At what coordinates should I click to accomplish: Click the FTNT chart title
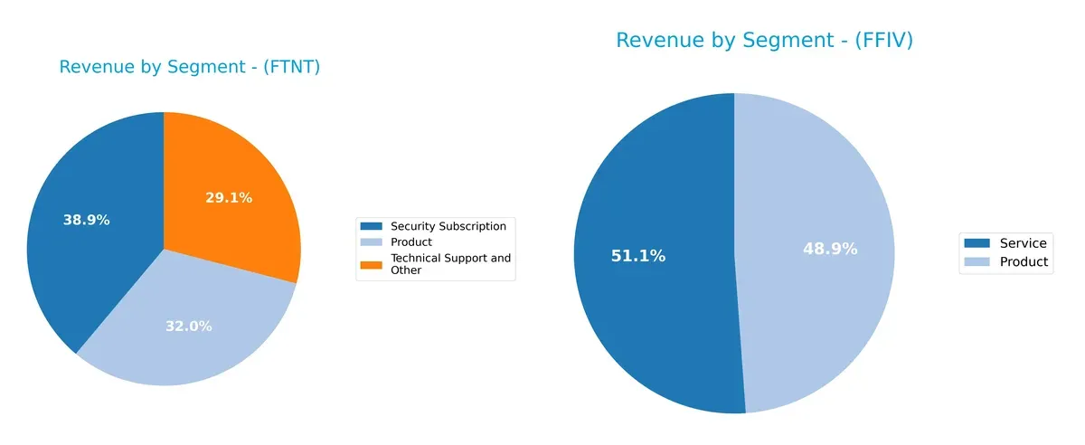tap(190, 67)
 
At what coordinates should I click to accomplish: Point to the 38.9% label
tap(86, 220)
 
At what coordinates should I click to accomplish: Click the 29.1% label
tap(229, 197)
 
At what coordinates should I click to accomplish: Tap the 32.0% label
tap(188, 327)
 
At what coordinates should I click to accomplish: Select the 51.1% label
tap(638, 256)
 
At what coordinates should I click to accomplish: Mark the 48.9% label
tap(830, 249)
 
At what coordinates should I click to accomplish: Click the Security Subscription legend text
tap(448, 225)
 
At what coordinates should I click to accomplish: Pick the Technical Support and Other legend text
tap(449, 264)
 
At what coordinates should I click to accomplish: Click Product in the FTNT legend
tap(411, 242)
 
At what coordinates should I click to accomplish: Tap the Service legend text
tap(1024, 242)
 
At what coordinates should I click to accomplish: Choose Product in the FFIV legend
tap(1024, 261)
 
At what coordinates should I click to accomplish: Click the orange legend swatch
tap(371, 264)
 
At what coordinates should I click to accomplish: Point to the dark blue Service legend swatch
tap(976, 242)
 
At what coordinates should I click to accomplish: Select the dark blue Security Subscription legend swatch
tap(371, 225)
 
